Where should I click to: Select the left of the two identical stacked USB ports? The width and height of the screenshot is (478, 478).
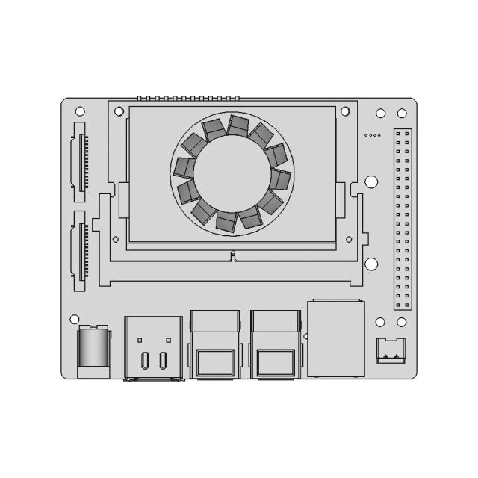216,344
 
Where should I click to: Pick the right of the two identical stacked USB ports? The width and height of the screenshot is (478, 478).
276,344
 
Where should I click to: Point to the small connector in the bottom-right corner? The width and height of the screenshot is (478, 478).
389,350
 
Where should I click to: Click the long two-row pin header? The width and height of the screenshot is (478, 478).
403,220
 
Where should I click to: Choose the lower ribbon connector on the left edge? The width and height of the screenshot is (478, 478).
79,251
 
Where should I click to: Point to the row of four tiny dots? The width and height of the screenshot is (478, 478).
372,136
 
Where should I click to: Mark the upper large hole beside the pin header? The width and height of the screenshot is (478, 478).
371,181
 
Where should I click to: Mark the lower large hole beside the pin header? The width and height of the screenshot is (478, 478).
371,263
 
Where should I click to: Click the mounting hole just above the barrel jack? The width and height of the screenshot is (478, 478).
74,319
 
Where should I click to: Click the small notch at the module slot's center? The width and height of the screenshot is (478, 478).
233,255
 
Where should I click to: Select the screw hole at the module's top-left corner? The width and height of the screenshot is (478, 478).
119,111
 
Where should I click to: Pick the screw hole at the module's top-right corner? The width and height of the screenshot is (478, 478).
345,111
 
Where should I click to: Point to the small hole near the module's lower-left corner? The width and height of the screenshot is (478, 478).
115,239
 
